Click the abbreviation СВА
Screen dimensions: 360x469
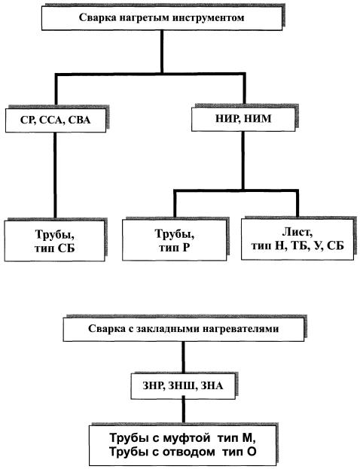coord(79,120)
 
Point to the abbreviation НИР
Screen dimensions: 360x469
coord(227,118)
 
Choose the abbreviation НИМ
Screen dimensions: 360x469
coord(258,118)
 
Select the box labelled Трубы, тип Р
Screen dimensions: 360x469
coord(175,240)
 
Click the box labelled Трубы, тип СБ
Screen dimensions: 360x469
coord(55,241)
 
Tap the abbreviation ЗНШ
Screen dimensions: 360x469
coord(182,385)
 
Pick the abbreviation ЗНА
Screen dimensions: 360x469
coord(212,385)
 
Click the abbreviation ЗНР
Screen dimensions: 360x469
coord(154,385)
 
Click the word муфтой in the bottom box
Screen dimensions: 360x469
coord(187,438)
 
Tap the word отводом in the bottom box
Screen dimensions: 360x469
coord(188,452)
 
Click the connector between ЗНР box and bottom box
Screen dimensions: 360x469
coord(184,410)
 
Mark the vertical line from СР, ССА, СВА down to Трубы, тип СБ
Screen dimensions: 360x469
coord(55,175)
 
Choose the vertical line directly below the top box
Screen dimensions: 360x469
coord(162,51)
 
